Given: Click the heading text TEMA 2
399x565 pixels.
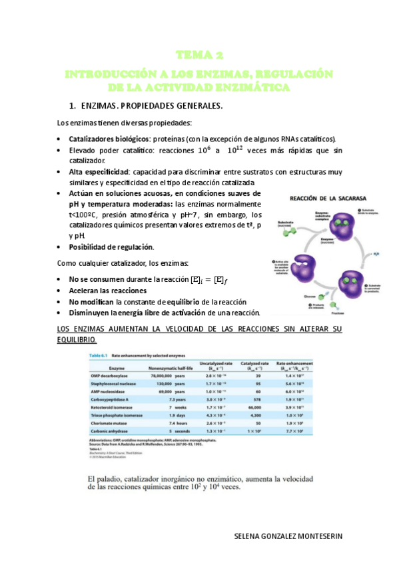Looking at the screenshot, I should point(200,55).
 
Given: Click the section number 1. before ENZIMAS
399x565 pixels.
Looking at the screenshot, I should point(74,106).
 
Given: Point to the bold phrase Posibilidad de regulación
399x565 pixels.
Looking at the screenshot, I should point(111,247).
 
